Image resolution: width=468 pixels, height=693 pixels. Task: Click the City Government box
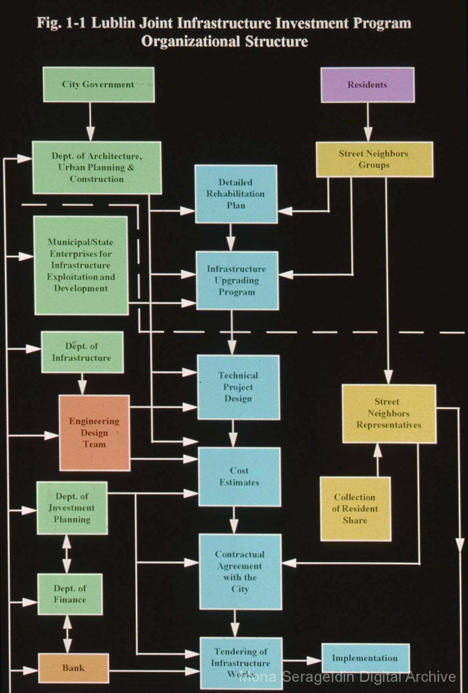coord(99,85)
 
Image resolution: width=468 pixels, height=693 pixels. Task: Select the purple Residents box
coord(368,85)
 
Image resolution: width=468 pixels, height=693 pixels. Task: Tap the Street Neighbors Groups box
coord(374,159)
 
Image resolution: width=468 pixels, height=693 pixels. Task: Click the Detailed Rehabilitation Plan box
coord(236,194)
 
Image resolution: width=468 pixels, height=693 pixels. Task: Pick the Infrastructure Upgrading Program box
coord(237,280)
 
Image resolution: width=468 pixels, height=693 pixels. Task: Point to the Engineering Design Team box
coord(94,433)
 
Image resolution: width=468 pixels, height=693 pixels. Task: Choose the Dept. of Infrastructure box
coord(82,352)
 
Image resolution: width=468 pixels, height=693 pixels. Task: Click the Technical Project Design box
coord(238,387)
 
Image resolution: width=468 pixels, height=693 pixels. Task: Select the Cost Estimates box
coord(239,476)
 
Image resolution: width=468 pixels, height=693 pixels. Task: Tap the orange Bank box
coord(73,667)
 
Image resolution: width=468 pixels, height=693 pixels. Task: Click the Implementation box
coord(365,658)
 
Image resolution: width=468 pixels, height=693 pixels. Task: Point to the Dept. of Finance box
coord(70,594)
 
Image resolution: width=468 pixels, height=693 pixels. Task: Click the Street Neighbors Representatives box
coord(389,413)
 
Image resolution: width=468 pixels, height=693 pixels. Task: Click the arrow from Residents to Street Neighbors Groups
coord(368,122)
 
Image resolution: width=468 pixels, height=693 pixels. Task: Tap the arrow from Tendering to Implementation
coord(302,660)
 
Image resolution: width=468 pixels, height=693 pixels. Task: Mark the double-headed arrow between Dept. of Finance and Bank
coord(68,634)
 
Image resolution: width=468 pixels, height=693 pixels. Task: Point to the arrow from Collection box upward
coord(378,460)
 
